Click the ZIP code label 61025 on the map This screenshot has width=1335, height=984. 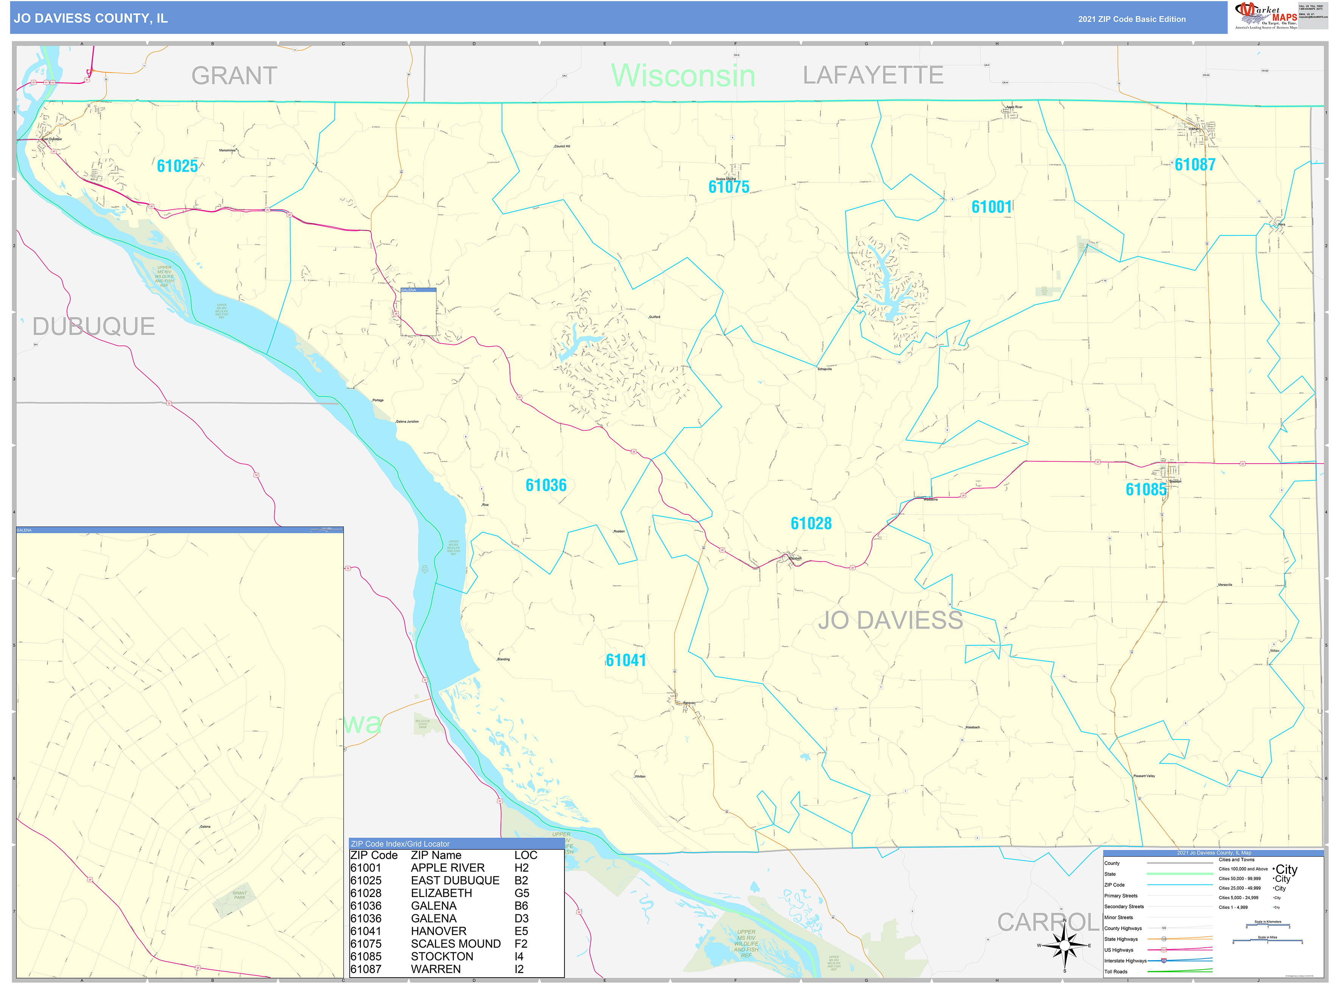(177, 166)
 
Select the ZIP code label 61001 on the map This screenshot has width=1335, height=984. (992, 207)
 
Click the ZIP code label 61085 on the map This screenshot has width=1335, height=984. (1145, 490)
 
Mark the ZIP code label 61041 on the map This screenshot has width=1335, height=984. (625, 660)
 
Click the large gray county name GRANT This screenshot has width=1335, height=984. (234, 76)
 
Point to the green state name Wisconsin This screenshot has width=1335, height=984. (683, 76)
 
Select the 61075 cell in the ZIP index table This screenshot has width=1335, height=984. (365, 944)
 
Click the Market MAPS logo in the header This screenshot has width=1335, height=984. (1265, 16)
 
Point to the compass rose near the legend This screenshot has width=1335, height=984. (1065, 945)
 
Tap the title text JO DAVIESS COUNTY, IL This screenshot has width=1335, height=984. (90, 19)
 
